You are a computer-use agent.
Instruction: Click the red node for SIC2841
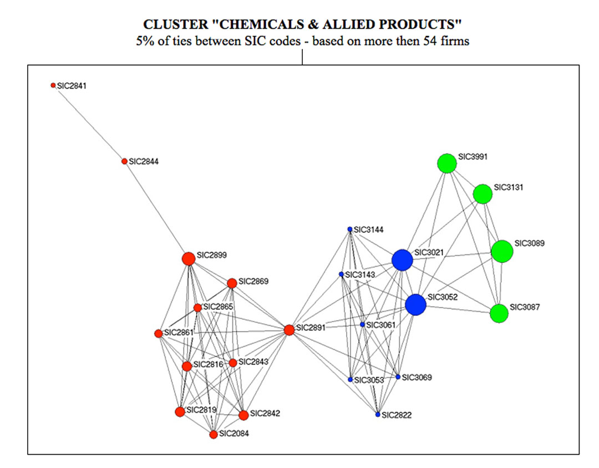(53, 85)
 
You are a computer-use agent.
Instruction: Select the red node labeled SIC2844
(124, 161)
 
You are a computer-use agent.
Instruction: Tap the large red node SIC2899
(189, 258)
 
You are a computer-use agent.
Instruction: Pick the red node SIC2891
(289, 330)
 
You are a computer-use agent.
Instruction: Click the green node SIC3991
(446, 163)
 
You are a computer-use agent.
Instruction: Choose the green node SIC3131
(483, 194)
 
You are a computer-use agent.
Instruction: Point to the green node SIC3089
(502, 251)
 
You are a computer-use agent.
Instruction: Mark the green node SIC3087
(499, 313)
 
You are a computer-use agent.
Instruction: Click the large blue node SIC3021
(402, 260)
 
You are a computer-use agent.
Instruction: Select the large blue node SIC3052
(415, 304)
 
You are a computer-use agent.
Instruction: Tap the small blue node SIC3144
(350, 229)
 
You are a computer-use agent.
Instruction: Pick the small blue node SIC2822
(378, 414)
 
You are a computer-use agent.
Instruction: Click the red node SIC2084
(214, 434)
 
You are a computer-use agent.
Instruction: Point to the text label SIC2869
(253, 281)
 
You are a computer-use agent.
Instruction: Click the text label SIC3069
(417, 378)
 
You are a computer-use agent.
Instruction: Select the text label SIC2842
(265, 413)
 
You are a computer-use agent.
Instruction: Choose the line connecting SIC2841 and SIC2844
(89, 123)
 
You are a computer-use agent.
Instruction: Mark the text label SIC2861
(179, 332)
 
